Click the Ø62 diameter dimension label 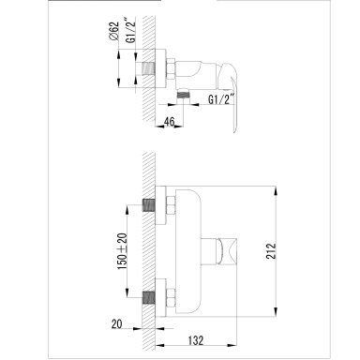(x=114, y=31)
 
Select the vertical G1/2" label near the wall (x=131, y=31)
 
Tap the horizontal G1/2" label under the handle (x=221, y=99)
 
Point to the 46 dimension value (x=169, y=122)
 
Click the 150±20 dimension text (x=123, y=251)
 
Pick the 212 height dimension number (x=271, y=251)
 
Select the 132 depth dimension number (x=196, y=340)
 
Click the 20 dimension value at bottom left (x=116, y=324)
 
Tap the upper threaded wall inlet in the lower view (x=149, y=204)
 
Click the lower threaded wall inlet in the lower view (x=149, y=297)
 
